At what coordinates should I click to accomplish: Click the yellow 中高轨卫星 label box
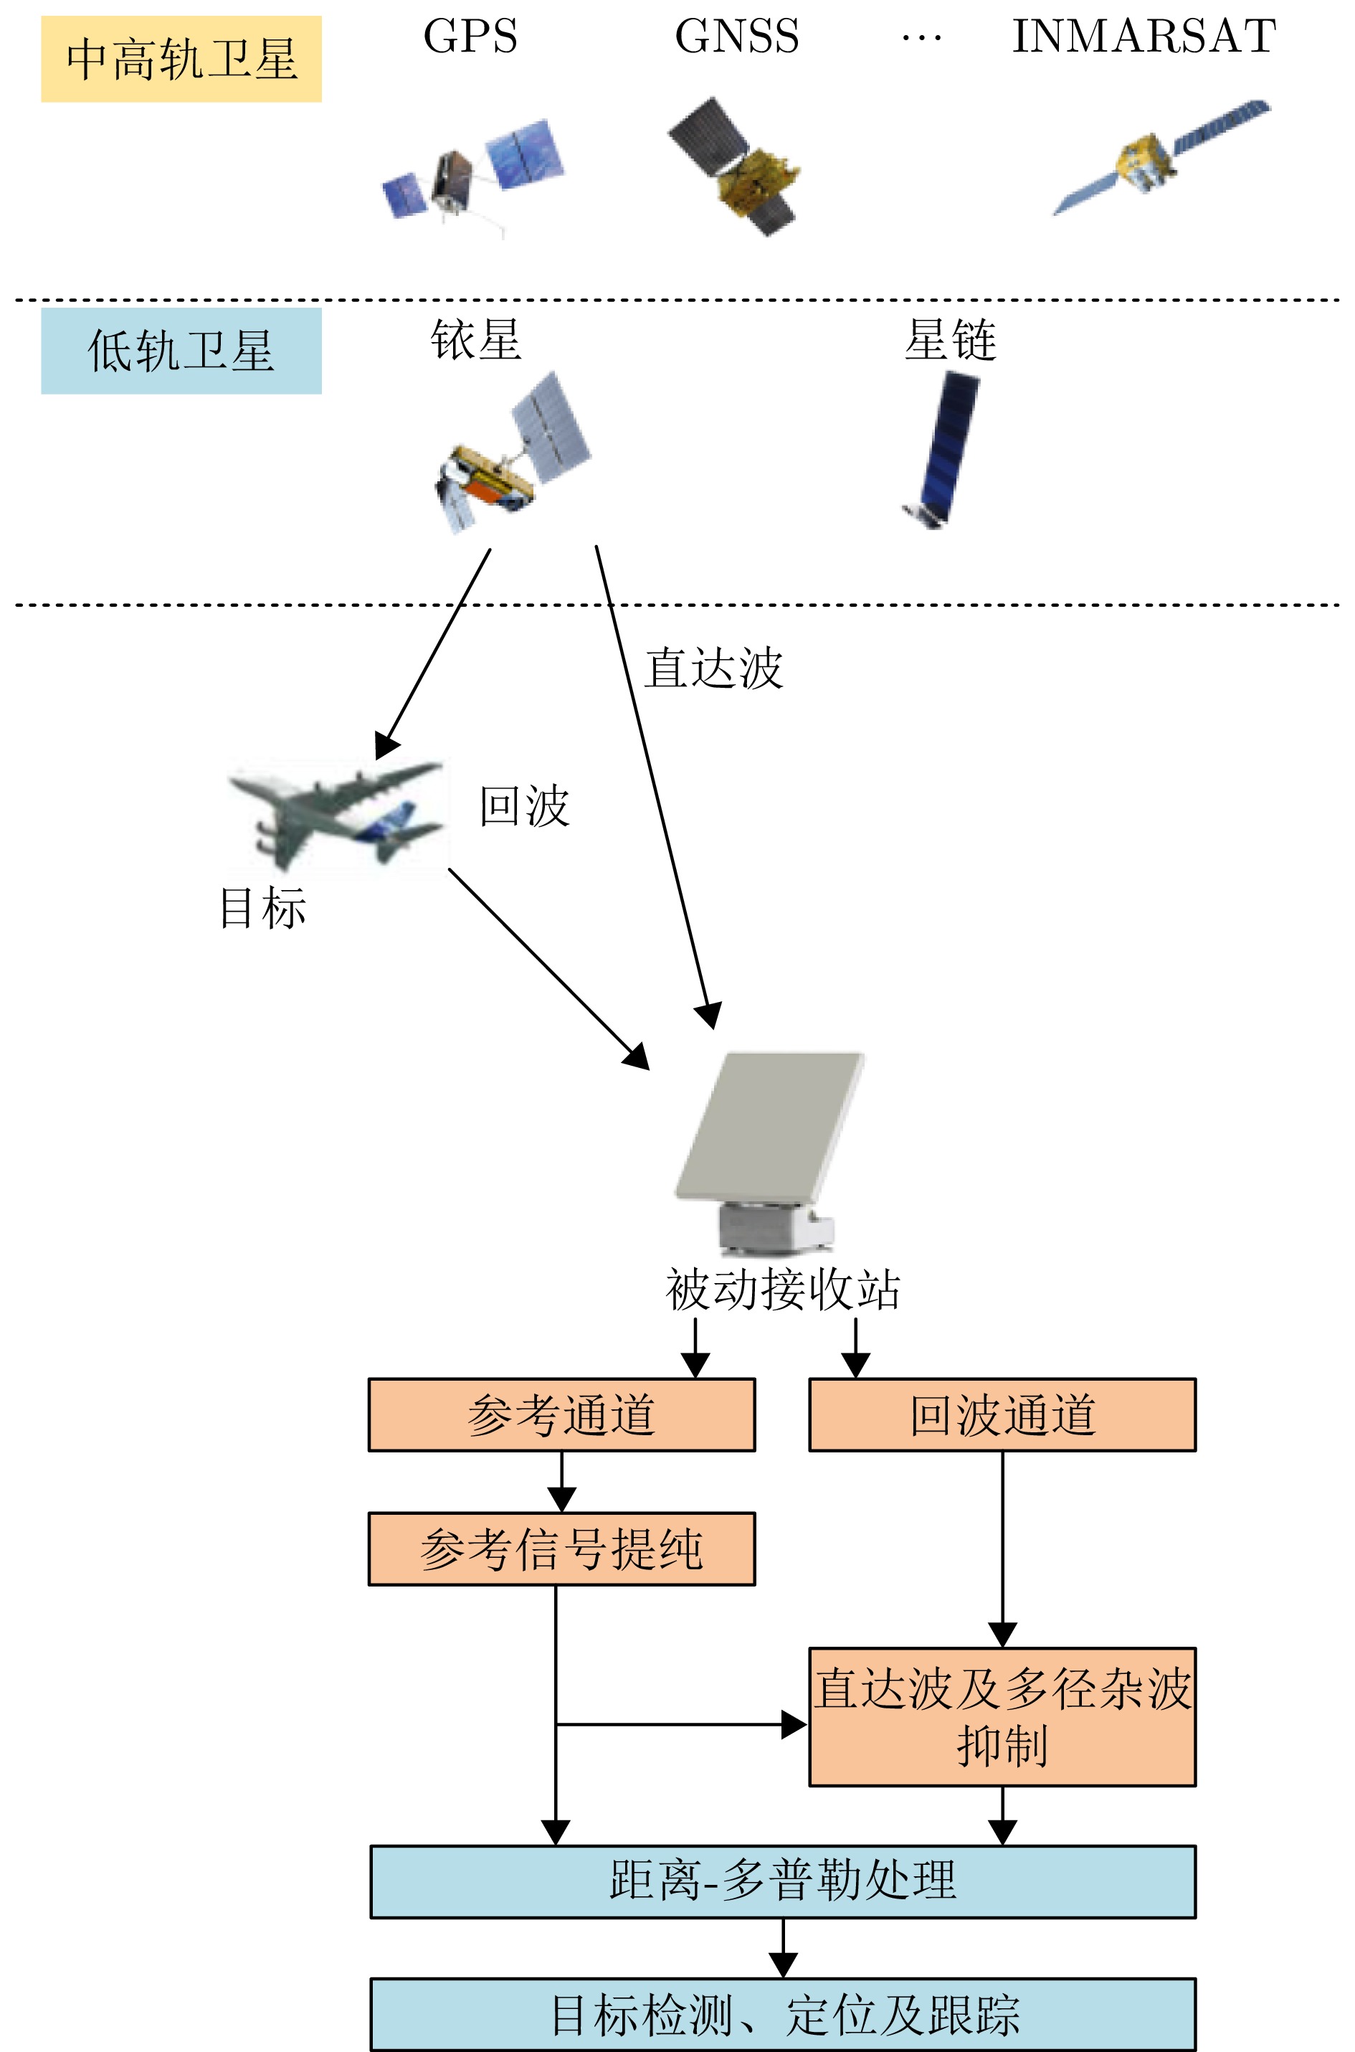(x=181, y=59)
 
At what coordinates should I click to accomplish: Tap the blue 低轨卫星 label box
(x=181, y=351)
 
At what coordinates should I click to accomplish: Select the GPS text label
(x=470, y=37)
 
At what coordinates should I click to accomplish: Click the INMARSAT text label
(x=1144, y=37)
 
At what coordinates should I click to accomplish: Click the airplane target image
(x=337, y=817)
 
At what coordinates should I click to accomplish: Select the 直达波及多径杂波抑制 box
(x=1002, y=1716)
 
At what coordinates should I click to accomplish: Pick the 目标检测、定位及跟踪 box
(x=783, y=2014)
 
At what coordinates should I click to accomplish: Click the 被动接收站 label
(x=783, y=1290)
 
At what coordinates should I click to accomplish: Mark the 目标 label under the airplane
(x=262, y=909)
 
